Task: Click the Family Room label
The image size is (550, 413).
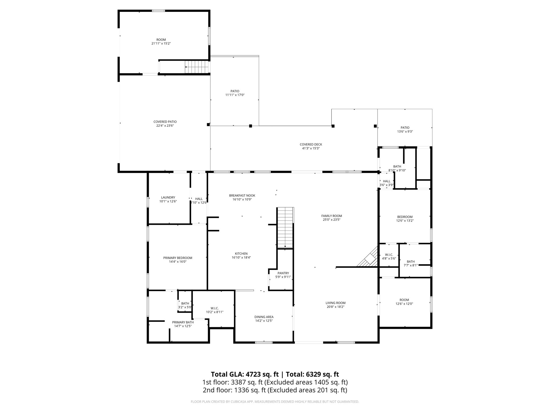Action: [x=331, y=216]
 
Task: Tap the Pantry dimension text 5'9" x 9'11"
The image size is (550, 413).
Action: [x=283, y=277]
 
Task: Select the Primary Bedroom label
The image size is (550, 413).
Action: [x=178, y=258]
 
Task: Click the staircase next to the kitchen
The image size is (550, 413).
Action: [x=285, y=227]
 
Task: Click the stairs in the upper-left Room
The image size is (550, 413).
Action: [x=197, y=67]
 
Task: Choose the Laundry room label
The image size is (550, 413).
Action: [x=168, y=197]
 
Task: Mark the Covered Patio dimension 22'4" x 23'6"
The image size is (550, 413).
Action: [x=165, y=126]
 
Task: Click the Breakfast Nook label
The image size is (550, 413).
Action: [x=242, y=195]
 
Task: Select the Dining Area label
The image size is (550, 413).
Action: [x=264, y=317]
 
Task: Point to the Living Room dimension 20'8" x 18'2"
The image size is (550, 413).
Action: [x=335, y=307]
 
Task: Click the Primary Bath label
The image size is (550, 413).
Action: [x=183, y=322]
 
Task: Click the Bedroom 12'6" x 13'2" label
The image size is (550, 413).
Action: [x=405, y=217]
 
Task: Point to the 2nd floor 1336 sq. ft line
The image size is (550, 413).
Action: [x=275, y=390]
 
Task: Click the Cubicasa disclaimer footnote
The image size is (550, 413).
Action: [x=275, y=402]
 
